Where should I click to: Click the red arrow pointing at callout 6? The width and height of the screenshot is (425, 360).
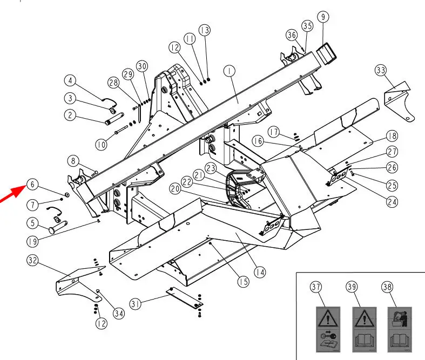[12, 193]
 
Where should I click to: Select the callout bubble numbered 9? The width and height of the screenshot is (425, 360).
[323, 17]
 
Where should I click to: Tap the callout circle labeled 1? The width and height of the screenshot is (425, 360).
[230, 71]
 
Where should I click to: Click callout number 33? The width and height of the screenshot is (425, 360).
[381, 70]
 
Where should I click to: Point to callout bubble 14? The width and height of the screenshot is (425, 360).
[260, 272]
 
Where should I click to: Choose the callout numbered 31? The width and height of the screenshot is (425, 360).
[136, 304]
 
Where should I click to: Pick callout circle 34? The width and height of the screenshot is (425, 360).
[118, 314]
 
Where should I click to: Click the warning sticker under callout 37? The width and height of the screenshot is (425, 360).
[328, 329]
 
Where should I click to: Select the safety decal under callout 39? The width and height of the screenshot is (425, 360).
[364, 329]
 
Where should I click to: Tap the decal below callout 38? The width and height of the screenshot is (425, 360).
[400, 329]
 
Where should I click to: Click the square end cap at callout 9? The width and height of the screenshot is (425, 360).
[326, 53]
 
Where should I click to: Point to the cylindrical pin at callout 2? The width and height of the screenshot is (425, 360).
[114, 118]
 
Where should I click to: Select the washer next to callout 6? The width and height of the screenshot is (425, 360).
[66, 194]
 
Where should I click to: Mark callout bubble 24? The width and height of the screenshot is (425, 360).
[392, 202]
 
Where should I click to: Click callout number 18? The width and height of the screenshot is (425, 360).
[392, 135]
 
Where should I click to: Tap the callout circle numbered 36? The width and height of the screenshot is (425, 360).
[292, 35]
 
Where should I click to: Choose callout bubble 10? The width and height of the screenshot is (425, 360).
[101, 145]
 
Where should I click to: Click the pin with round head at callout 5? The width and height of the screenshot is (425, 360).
[58, 227]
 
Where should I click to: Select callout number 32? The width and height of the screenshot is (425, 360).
[32, 260]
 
